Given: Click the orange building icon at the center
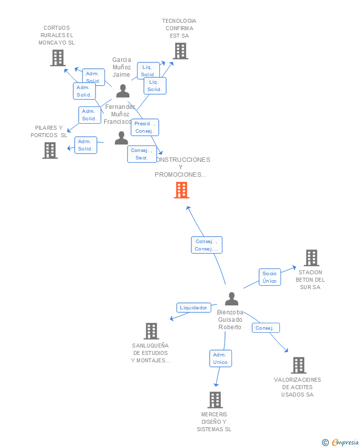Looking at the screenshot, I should pos(181,190).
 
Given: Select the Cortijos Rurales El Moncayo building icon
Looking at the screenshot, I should pos(58,58).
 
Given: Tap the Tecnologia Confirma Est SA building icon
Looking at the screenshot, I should pos(180,50).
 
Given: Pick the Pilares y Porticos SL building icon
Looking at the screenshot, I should pos(50,150).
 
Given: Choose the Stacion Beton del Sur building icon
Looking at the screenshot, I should pos(312,258).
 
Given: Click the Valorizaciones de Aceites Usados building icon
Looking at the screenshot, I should pos(299,365).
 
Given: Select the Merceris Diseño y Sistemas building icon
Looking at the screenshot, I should pos(215,399).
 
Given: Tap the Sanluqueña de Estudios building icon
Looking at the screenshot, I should pos(151,331).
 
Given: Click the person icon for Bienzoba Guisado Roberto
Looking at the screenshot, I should pos(231,299).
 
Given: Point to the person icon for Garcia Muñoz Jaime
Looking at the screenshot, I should pos(123,91).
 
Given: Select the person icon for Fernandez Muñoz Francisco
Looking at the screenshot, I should pos(121,138).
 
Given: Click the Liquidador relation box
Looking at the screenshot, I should pos(193,307).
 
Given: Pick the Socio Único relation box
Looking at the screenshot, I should pos(270,277).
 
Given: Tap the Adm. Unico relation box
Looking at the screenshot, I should pos(220,358).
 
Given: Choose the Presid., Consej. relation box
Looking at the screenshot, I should pos(144,127).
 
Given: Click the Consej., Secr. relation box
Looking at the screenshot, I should pos(142,154).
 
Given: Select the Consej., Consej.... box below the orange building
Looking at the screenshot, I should pos(206,245).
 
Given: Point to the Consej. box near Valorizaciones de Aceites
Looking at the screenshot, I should pos(266,328).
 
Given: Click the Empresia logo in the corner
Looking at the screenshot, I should pos(340,442).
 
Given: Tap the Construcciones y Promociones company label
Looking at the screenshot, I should pos(181,167).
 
